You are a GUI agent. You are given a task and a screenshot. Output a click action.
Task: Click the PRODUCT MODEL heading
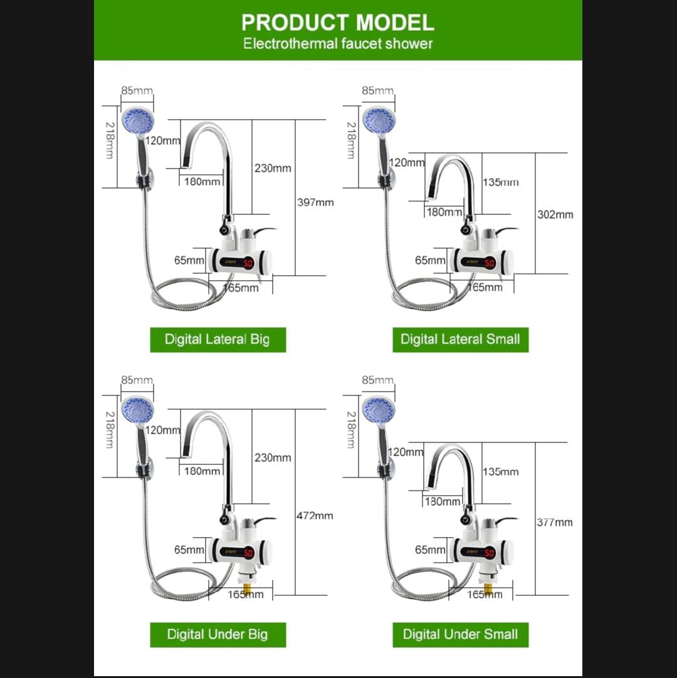click(x=338, y=23)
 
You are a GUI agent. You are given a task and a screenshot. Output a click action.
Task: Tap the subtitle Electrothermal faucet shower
click(x=338, y=44)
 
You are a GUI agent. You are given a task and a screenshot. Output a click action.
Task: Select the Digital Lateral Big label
click(x=218, y=340)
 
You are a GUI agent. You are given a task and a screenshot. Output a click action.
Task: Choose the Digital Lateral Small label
click(x=460, y=340)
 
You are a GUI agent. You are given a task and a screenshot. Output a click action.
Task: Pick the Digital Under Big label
click(x=218, y=634)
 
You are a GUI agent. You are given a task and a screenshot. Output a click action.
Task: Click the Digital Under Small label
click(x=460, y=634)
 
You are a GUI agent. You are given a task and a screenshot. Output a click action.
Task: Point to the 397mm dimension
click(x=315, y=202)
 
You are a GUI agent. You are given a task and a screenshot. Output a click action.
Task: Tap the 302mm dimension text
click(x=555, y=214)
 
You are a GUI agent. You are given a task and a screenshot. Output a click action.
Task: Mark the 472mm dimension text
click(x=315, y=516)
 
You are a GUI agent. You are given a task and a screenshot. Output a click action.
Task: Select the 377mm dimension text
click(x=555, y=522)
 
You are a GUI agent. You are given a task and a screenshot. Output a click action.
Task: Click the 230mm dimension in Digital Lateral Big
click(x=273, y=168)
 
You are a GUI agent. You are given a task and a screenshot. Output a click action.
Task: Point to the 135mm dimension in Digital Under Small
click(x=500, y=472)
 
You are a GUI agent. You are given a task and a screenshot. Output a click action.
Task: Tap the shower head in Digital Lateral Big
click(x=137, y=120)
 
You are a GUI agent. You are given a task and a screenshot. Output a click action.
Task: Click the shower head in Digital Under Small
click(x=379, y=410)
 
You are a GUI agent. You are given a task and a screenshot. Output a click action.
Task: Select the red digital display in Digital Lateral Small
click(x=490, y=263)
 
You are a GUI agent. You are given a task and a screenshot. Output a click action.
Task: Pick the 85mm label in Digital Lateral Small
click(x=377, y=91)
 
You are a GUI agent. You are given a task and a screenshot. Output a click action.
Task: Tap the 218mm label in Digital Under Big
click(x=110, y=429)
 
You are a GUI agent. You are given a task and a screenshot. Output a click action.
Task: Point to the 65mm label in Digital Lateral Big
click(x=189, y=260)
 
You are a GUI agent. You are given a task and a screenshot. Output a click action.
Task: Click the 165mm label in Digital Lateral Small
click(x=485, y=288)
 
